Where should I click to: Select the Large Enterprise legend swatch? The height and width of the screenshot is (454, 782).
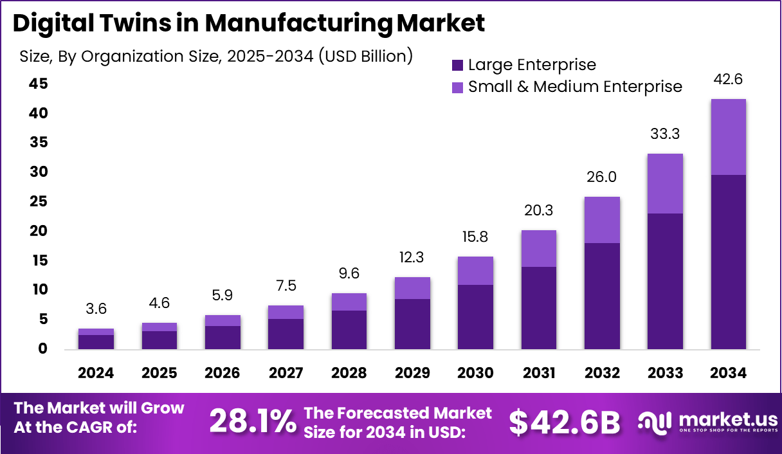click(458, 65)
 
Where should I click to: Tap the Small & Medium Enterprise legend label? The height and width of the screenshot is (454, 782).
click(575, 86)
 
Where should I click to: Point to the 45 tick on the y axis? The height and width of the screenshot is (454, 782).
click(38, 84)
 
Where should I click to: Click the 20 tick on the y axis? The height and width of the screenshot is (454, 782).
click(38, 231)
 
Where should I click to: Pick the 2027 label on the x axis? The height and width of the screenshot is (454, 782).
click(286, 373)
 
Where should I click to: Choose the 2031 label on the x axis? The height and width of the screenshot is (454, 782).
click(538, 373)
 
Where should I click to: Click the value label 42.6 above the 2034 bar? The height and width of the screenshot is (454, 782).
click(729, 80)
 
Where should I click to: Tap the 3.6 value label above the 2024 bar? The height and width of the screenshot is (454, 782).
click(96, 309)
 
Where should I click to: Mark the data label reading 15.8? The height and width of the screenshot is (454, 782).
click(475, 237)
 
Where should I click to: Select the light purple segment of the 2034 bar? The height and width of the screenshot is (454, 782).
click(728, 137)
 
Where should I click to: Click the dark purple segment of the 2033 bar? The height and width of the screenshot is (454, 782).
click(665, 281)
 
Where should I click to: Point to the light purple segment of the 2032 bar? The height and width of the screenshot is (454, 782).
click(602, 220)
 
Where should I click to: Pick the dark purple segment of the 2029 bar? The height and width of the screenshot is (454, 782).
click(412, 324)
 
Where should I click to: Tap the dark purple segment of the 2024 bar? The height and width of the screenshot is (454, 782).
click(96, 342)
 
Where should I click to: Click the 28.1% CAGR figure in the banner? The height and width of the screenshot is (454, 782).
click(252, 421)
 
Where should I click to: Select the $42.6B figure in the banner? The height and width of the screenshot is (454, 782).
click(564, 422)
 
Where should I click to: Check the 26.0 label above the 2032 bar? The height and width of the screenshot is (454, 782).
click(602, 177)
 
